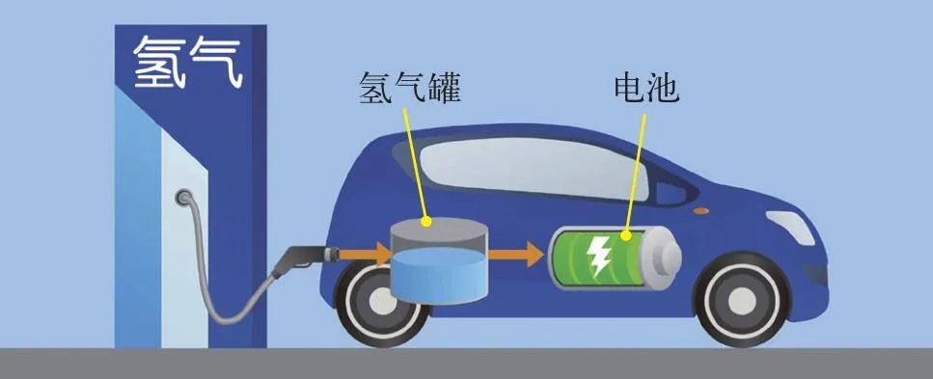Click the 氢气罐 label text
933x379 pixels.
pyautogui.click(x=406, y=89)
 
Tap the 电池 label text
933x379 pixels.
pyautogui.click(x=646, y=89)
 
